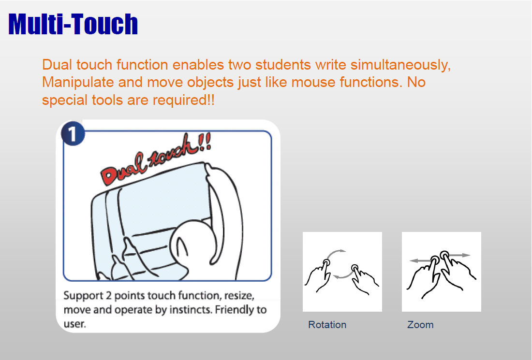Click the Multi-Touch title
(x=73, y=24)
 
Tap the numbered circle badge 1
(x=73, y=134)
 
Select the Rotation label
(x=327, y=325)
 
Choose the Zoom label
(x=420, y=325)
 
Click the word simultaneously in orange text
(x=400, y=65)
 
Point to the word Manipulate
(x=78, y=83)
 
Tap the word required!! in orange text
(x=184, y=101)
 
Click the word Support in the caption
(x=83, y=296)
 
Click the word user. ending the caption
(x=74, y=324)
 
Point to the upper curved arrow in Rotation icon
(x=336, y=253)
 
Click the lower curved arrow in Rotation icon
(x=344, y=274)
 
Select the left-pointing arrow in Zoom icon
(x=421, y=260)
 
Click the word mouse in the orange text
(x=313, y=83)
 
